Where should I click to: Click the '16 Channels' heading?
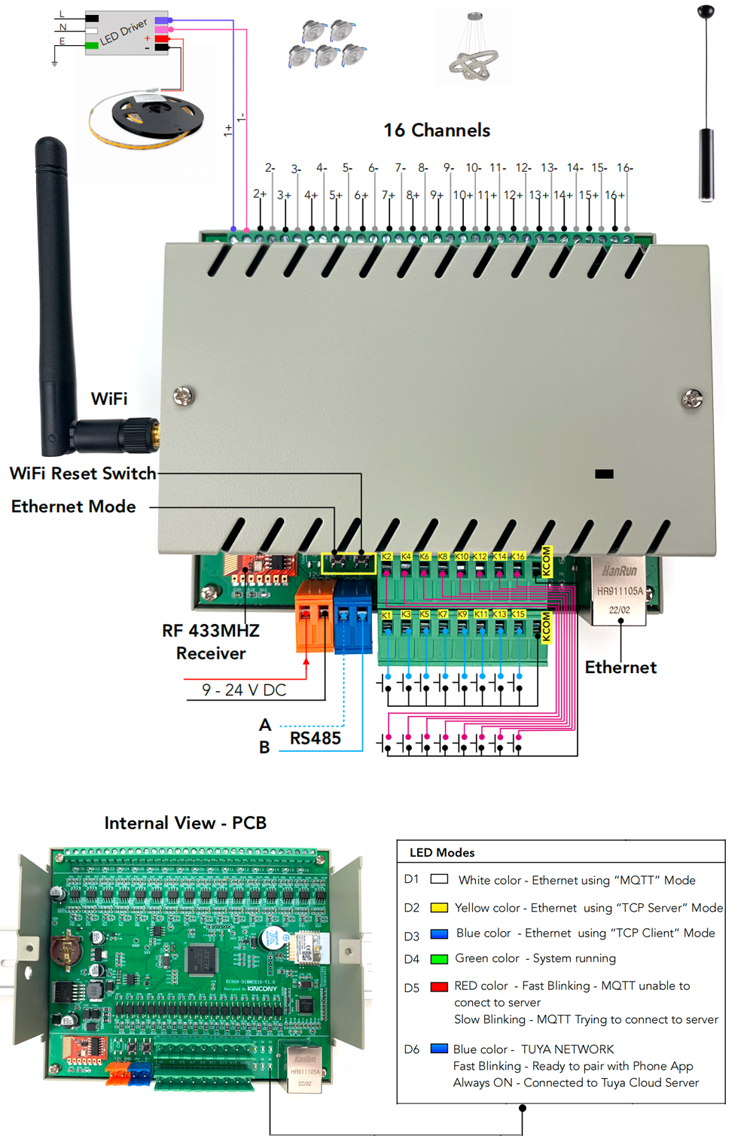pos(437,130)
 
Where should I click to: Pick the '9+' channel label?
pos(437,195)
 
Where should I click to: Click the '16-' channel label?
pos(624,168)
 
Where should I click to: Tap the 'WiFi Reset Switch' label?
pos(83,474)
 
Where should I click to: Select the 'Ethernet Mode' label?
pos(73,507)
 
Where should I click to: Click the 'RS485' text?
pos(316,738)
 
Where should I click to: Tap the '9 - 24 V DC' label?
pos(244,690)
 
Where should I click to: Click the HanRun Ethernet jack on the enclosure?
pos(619,592)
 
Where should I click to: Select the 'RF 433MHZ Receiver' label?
pos(211,642)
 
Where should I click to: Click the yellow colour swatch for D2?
pos(439,908)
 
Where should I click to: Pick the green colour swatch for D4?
pos(439,959)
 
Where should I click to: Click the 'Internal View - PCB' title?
pos(185,823)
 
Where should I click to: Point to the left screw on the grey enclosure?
pos(183,394)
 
